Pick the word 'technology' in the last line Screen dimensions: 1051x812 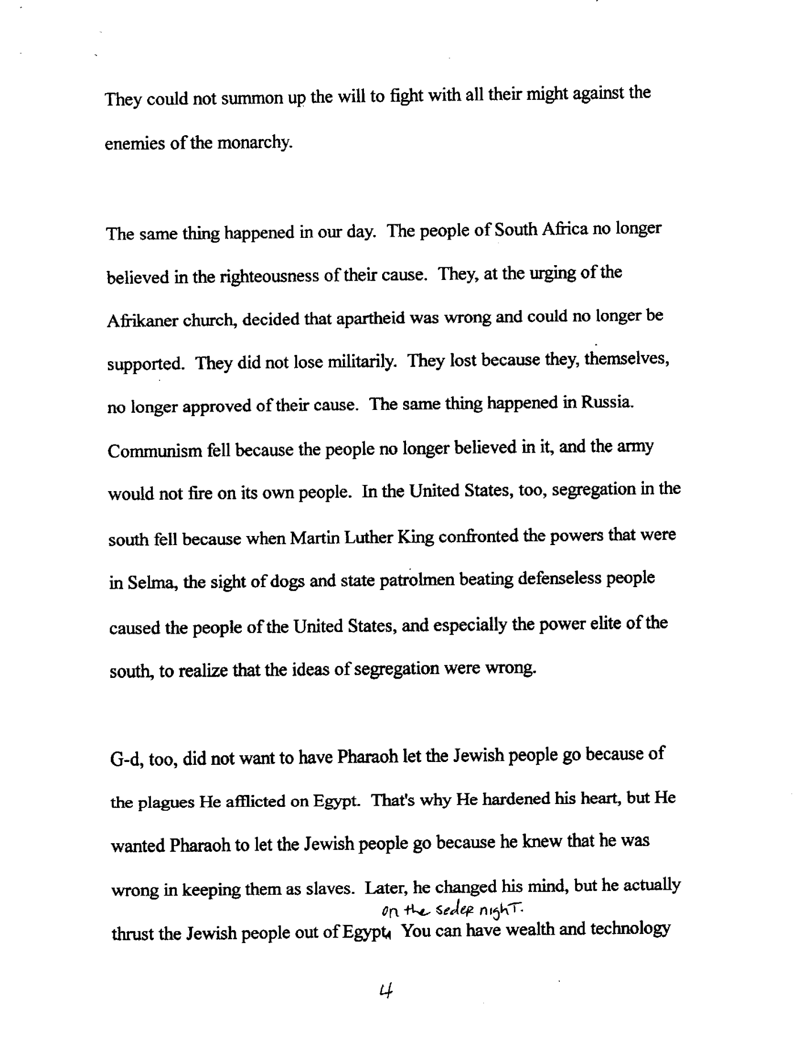[x=631, y=929]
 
